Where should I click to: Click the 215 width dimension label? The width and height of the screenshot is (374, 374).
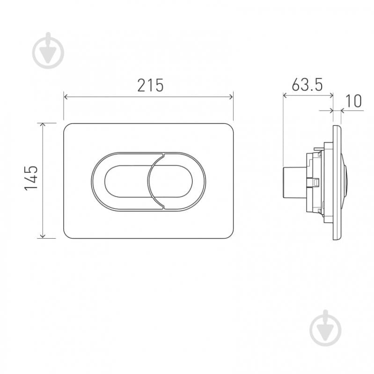click(150, 85)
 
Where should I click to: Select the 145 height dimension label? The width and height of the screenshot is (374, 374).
click(31, 178)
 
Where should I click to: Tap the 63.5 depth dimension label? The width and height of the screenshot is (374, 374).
click(307, 84)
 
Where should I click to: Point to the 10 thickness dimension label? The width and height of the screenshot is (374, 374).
click(353, 101)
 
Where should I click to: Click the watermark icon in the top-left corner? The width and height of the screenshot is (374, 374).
click(48, 51)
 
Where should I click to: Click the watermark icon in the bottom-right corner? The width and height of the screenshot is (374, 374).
click(326, 328)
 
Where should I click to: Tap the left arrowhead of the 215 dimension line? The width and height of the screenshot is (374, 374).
click(66, 97)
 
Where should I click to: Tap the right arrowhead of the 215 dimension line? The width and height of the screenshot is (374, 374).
click(231, 97)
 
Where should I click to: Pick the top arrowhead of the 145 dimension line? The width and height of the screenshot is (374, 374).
click(43, 125)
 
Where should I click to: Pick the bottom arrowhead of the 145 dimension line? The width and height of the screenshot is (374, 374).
click(43, 236)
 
